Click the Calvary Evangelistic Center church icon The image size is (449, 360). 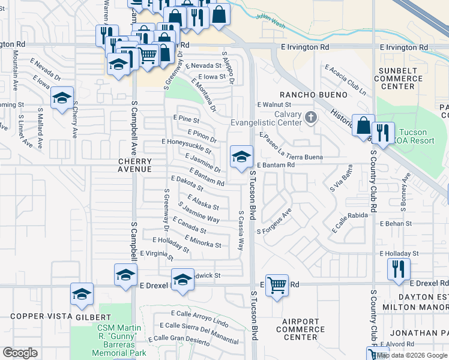tap(310, 116)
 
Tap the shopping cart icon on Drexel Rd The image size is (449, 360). tap(276, 284)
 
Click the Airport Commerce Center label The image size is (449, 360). tap(300, 329)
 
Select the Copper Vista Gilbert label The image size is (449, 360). tap(56, 316)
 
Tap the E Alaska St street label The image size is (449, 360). tap(203, 202)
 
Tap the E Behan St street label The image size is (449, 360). tap(396, 223)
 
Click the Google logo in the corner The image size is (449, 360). tap(20, 353)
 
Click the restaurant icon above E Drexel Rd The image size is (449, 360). tap(398, 269)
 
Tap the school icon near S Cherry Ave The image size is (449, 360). tap(62, 98)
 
